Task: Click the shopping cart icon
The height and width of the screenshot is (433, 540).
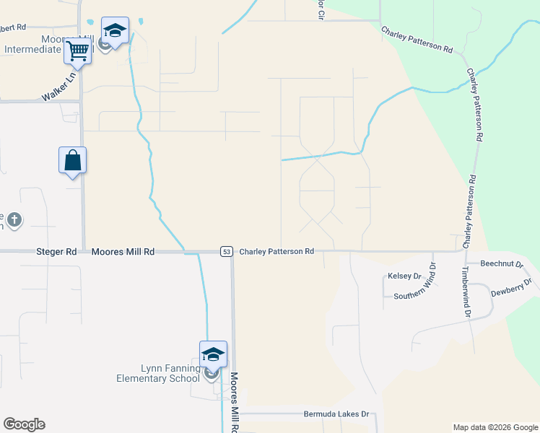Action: [x=77, y=51]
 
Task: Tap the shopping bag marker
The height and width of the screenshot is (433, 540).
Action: [x=73, y=160]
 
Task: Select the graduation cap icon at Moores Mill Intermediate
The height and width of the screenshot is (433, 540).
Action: [x=115, y=31]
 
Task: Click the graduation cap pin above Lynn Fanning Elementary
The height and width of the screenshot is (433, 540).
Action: [x=213, y=354]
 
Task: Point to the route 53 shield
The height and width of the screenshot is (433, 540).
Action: [x=227, y=251]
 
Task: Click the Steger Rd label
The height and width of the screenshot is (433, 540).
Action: [x=56, y=252]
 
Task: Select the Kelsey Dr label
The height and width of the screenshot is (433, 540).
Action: [x=404, y=276]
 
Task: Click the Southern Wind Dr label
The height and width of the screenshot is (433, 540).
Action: [x=415, y=296]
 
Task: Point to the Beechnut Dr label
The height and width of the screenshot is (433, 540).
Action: [x=501, y=265]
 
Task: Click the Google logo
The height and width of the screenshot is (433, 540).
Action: [x=24, y=424]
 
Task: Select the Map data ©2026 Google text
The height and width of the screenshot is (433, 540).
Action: [x=495, y=427]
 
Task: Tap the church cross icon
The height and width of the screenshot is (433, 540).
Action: [x=15, y=219]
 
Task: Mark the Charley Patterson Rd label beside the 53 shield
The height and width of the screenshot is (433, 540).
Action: [x=276, y=251]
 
